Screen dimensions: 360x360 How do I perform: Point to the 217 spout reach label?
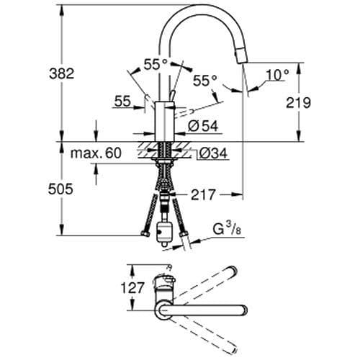point(204,194)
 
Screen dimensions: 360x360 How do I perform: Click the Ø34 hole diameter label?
point(209,153)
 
